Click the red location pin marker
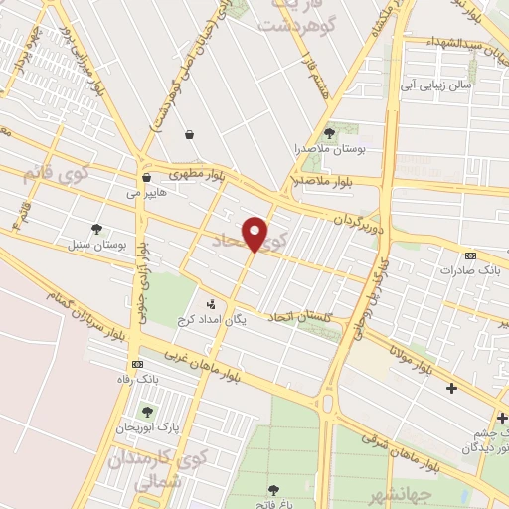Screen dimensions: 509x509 [x=255, y=234]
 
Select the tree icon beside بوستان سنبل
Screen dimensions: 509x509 [x=96, y=228]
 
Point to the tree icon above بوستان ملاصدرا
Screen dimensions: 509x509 [x=329, y=132]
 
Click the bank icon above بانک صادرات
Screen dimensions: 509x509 [x=471, y=255]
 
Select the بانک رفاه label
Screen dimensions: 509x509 [x=137, y=379]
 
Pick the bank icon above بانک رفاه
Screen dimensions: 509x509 [x=136, y=364]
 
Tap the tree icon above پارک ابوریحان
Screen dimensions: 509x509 [x=147, y=411]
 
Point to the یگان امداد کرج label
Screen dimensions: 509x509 [x=210, y=320]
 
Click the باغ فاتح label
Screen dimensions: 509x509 [x=274, y=503]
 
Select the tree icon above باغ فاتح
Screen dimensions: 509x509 [x=273, y=488]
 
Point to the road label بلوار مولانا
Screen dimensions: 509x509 [x=412, y=359]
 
